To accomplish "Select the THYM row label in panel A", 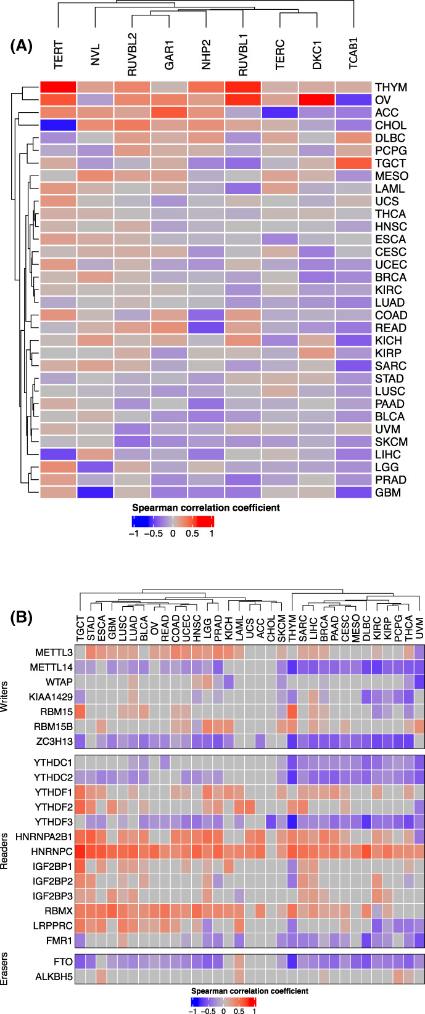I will click(390, 87).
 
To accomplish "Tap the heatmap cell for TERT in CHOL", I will click(58, 125).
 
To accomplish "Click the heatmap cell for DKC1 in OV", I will click(317, 100).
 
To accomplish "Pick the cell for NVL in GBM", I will click(95, 492).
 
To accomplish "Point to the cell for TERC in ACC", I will click(280, 113).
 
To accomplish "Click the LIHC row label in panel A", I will click(387, 454).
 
